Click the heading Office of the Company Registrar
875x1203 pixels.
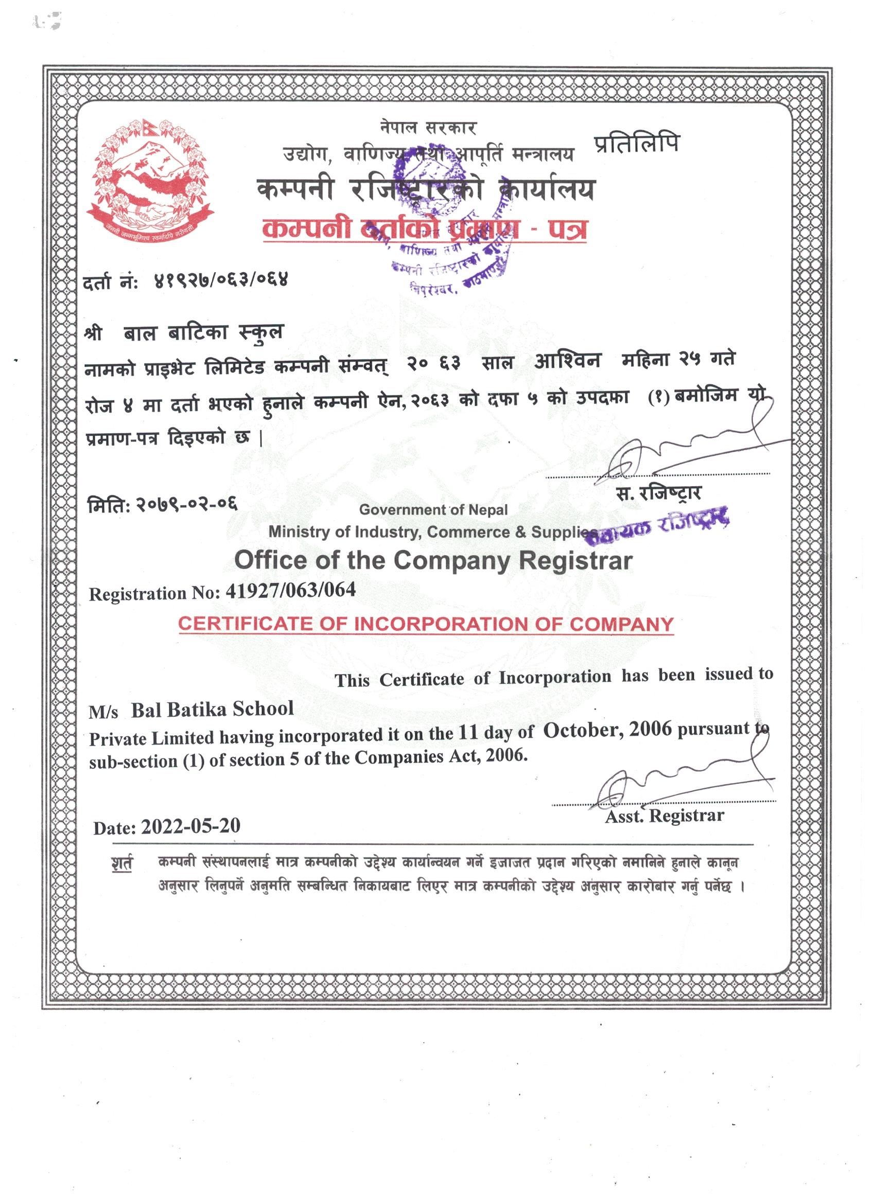coord(433,561)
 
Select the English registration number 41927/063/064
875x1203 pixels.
coord(290,590)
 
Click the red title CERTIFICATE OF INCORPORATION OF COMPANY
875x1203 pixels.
coord(426,624)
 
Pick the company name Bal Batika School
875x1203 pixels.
coord(212,709)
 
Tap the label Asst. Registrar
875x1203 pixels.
coord(664,816)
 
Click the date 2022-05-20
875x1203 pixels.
coord(190,826)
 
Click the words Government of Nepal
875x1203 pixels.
coord(433,510)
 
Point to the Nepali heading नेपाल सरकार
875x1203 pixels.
coord(428,128)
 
